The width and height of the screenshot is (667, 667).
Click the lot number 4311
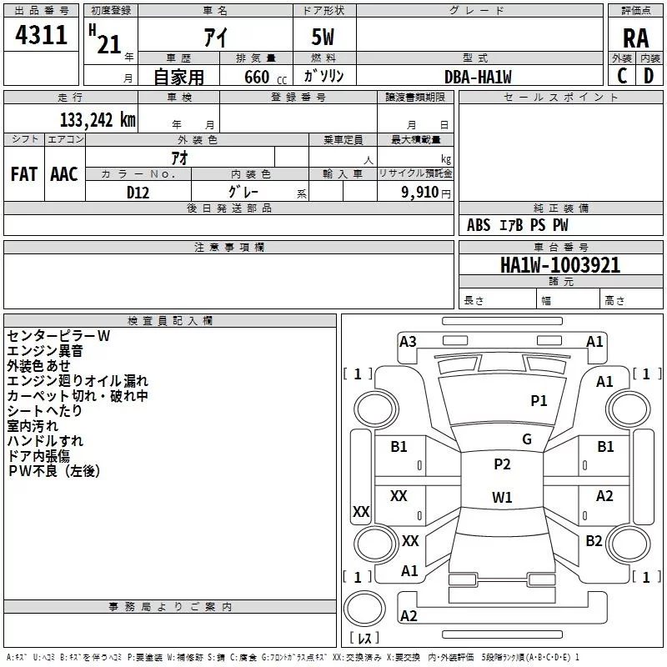41,35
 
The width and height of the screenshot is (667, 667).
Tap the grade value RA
635,38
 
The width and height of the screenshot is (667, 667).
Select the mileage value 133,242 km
98,120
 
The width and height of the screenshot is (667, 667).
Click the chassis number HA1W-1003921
560,265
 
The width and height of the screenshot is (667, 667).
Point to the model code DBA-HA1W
478,77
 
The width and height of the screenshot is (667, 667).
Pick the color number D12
138,193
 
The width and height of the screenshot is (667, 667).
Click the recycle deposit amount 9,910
420,193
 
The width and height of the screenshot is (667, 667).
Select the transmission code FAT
24,174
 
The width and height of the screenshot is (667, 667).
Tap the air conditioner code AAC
64,174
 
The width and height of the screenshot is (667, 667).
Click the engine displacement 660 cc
265,77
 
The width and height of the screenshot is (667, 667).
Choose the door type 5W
323,37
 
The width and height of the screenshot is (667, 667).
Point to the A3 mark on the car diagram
408,342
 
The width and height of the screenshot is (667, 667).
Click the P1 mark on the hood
539,400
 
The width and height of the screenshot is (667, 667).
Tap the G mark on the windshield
527,439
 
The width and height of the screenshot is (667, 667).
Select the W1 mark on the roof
502,497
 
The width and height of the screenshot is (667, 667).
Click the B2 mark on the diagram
594,540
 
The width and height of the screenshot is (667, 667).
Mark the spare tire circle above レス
364,609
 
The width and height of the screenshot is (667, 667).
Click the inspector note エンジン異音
45,351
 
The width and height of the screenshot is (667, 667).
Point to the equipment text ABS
479,225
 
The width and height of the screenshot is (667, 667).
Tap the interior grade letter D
649,76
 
